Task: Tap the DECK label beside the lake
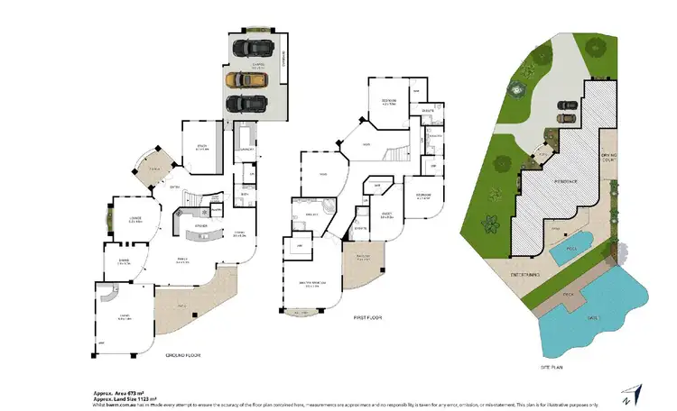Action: (568, 293)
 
